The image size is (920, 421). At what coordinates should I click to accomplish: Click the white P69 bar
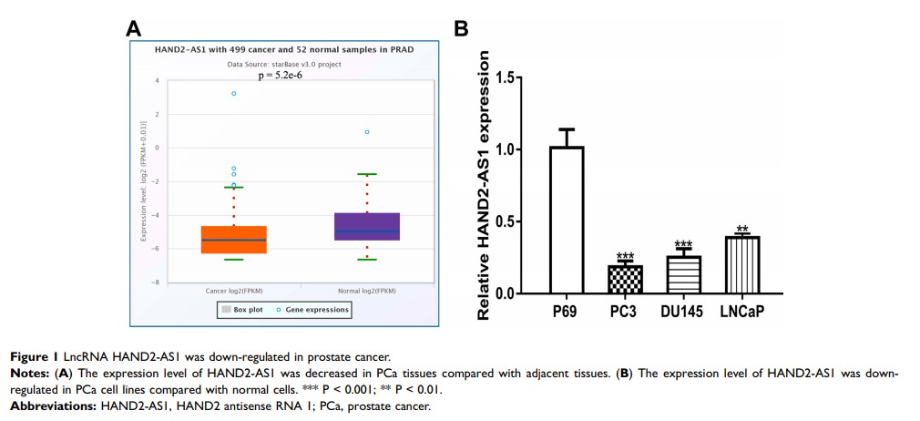click(x=567, y=220)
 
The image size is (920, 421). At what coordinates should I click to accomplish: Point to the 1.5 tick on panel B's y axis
click(x=523, y=77)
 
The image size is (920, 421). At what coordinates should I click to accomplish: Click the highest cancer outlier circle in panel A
click(x=234, y=93)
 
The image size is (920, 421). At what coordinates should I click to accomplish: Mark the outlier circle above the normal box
click(x=367, y=132)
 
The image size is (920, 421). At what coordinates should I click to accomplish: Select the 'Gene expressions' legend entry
click(x=312, y=310)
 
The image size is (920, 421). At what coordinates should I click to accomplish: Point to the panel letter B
click(x=461, y=30)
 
